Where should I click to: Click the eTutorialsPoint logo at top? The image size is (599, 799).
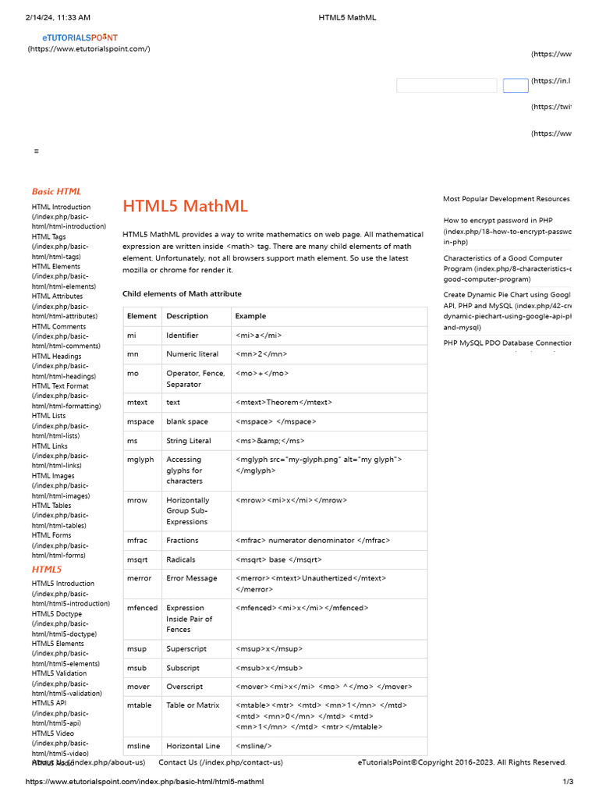pos(80,37)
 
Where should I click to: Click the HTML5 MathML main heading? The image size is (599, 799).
pos(185,206)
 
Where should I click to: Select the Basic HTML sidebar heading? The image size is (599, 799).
pos(56,191)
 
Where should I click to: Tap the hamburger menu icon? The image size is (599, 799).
pos(37,151)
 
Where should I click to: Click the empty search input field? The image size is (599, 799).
pos(446,86)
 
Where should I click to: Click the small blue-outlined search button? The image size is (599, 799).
pos(516,86)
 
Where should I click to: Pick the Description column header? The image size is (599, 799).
pos(187,316)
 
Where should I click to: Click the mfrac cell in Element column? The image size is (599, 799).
pos(137,540)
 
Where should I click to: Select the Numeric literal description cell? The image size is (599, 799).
pos(192,353)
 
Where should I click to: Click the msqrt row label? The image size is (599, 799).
pos(138,559)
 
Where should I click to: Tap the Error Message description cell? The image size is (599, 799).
pos(191,578)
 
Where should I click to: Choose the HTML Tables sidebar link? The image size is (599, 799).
pos(51,505)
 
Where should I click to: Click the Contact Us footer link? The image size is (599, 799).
pos(221,762)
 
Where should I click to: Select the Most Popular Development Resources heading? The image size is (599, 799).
pos(506,199)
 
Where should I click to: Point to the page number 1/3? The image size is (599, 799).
pos(568,782)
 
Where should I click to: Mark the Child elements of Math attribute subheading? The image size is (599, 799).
pos(182,293)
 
